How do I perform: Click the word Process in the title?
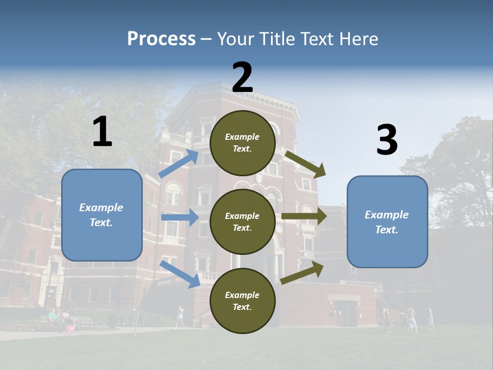161,39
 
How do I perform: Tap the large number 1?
102,132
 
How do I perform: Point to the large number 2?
242,78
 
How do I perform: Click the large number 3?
387,140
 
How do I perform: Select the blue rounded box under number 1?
102,215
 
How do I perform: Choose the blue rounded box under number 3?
387,221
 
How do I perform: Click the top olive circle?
243,143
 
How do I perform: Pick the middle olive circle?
243,221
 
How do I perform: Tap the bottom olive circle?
243,301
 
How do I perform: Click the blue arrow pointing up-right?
179,163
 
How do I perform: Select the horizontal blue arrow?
180,217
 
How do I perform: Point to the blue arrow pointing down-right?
180,274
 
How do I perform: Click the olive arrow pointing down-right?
306,164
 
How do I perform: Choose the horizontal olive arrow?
304,216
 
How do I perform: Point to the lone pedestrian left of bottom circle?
180,316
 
